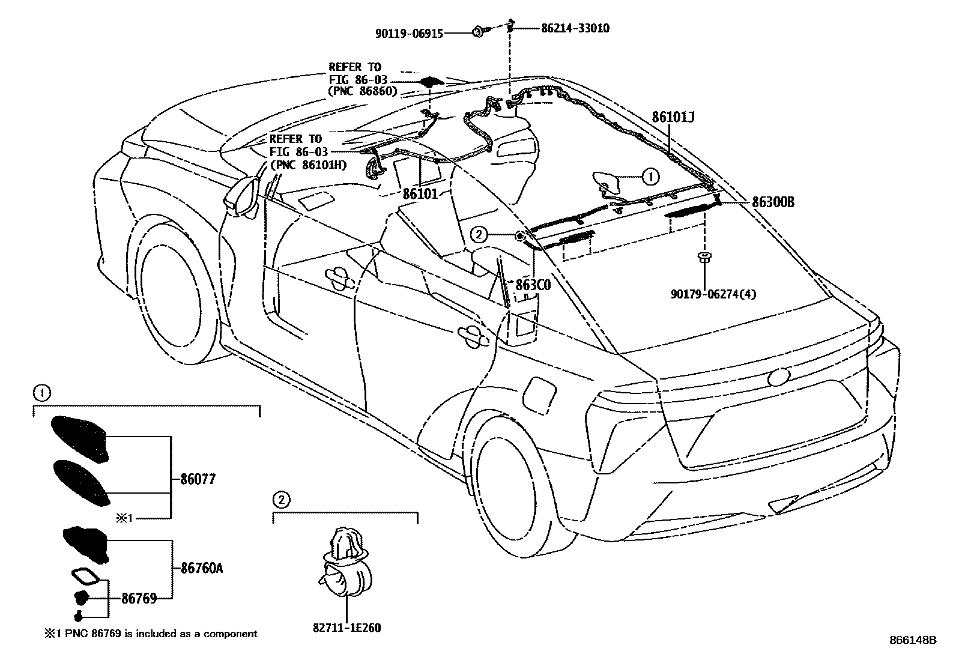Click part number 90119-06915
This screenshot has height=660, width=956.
click(409, 34)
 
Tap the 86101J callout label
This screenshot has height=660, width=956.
click(673, 117)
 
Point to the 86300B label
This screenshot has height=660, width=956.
click(773, 202)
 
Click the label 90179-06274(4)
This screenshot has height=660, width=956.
click(713, 294)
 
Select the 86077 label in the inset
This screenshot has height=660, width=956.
click(198, 479)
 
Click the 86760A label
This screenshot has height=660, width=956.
click(202, 568)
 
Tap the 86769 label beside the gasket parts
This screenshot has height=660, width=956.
click(139, 598)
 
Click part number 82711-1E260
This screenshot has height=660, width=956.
click(346, 628)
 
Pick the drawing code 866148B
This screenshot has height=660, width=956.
click(913, 640)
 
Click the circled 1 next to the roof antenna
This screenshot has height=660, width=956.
click(650, 177)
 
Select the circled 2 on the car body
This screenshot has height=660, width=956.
click(479, 235)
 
